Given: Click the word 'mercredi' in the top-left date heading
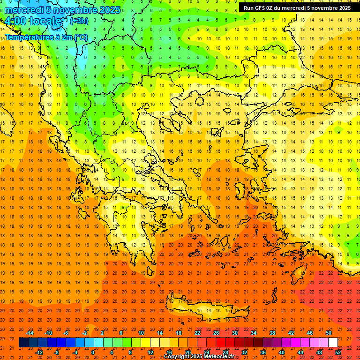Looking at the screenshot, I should click(x=23, y=9).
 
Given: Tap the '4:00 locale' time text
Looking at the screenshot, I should click(x=33, y=22).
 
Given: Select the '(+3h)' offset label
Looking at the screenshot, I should click(x=78, y=21).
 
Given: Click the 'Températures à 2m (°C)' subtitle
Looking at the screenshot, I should click(x=46, y=37).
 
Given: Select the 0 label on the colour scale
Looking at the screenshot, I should click(x=92, y=352).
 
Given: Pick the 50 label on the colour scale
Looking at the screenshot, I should click(x=329, y=333).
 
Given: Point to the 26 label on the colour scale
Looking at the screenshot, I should click(x=216, y=333).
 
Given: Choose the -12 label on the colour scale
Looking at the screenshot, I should click(x=39, y=352).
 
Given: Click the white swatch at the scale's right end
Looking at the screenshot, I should click(x=333, y=343).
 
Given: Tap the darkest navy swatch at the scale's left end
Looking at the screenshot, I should click(x=23, y=343).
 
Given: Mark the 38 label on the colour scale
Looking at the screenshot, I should click(x=272, y=333).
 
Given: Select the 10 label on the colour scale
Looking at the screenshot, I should click(x=141, y=333).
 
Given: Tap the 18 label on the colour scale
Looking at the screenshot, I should click(x=179, y=333).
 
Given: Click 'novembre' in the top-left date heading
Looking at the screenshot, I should click(x=87, y=9).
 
